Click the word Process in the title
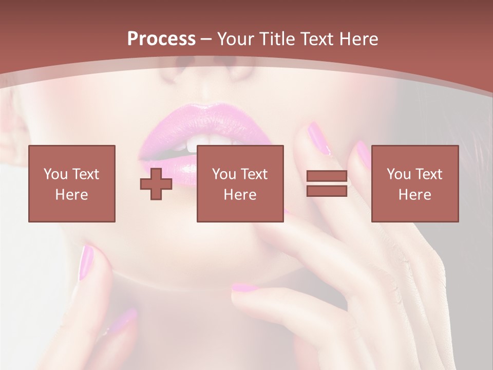pos(161,39)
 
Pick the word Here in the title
pos(360,39)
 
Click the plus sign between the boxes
pos(156,184)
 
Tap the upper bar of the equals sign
pos(327,176)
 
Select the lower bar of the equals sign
pos(327,191)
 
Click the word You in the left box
pos(55,174)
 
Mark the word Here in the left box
pos(71,195)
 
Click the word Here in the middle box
pos(240,195)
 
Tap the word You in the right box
pos(399,174)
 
